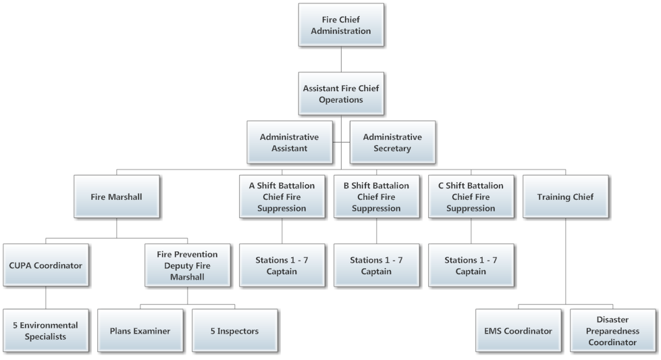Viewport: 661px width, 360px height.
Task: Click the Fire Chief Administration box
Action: coord(341,25)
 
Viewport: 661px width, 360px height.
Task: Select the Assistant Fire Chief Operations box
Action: coord(341,93)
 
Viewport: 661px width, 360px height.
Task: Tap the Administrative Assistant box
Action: coord(289,143)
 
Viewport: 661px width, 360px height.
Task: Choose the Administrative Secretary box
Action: coord(392,143)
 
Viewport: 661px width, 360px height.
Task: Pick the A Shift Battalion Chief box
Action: coord(282,197)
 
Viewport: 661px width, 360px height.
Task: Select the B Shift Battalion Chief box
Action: coord(376,197)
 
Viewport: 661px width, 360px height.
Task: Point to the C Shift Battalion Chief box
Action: coord(470,197)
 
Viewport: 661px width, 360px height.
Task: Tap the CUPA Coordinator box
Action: coord(46,265)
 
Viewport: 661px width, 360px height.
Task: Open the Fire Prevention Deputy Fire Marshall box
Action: coord(187,265)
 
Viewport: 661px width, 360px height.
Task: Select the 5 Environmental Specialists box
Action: coord(46,330)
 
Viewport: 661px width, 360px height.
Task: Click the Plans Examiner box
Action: coord(140,331)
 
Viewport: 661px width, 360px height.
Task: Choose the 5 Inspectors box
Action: coord(234,331)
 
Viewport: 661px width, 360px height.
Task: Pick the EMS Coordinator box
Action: coord(517,331)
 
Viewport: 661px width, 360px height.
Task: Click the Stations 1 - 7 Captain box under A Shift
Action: coord(282,265)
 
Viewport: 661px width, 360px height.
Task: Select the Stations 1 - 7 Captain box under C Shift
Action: coord(470,265)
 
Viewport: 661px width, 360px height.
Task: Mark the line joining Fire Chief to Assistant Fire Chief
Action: coord(341,59)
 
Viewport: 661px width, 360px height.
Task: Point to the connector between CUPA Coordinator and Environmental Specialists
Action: coord(46,298)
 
